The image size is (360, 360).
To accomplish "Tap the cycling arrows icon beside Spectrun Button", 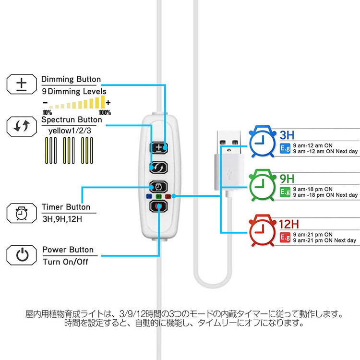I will click(22, 126).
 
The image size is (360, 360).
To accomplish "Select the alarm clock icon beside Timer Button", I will click(22, 213).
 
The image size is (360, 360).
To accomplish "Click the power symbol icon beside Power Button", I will click(22, 254).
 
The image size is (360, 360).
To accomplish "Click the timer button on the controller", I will click(159, 185).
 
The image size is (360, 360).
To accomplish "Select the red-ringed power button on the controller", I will click(158, 206).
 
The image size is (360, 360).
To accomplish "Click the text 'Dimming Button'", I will click(71, 79).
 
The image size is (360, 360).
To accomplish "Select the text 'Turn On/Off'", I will click(66, 262).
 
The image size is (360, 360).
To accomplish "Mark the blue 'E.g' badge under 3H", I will click(284, 147).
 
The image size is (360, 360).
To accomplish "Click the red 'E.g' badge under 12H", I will click(284, 237).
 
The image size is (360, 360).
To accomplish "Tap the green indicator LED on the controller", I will click(158, 196).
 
